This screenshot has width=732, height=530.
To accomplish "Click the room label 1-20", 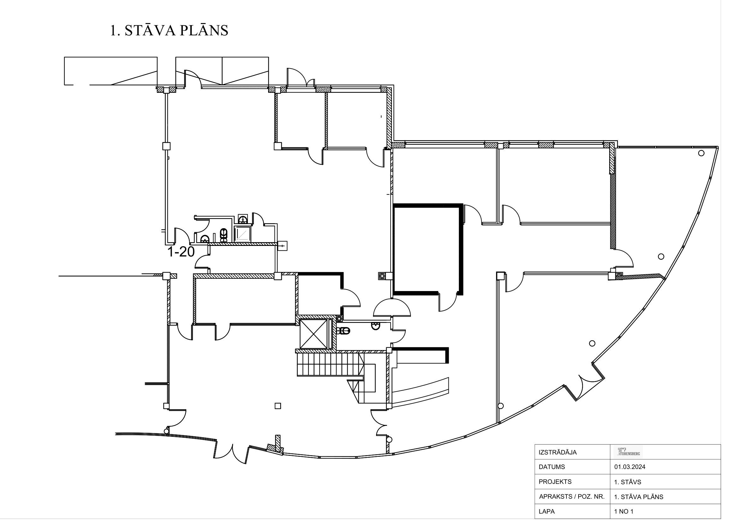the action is [181, 252].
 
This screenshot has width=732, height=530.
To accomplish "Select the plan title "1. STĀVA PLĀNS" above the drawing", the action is [169, 31].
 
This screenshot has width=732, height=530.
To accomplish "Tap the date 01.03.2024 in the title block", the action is [630, 467].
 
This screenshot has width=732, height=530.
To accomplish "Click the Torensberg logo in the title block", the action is [628, 452].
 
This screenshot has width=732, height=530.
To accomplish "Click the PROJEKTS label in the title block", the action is [555, 482].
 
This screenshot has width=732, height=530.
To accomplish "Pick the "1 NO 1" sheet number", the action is [624, 511].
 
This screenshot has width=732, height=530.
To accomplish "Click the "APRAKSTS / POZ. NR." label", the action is [572, 497].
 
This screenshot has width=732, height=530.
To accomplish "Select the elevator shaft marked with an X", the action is [313, 334].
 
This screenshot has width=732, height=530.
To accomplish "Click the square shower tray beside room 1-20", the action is [242, 234].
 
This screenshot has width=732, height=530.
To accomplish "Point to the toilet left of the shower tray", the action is [223, 235].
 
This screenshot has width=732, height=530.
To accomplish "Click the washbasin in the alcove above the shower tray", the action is [243, 219].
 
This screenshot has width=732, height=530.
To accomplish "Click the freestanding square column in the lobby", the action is [278, 406].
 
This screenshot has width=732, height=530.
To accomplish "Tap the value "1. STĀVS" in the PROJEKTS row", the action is [627, 482].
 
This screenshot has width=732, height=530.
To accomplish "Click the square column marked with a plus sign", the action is [282, 246].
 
